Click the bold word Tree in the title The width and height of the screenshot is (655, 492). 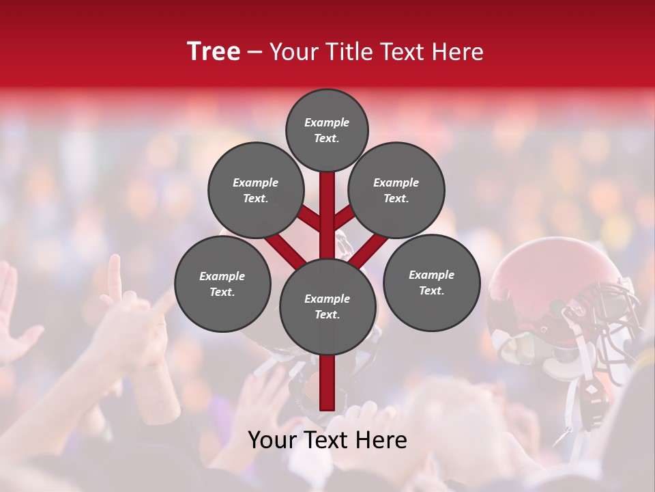coord(214,52)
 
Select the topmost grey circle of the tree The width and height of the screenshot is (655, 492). coord(327,130)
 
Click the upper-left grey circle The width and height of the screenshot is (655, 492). coord(255,190)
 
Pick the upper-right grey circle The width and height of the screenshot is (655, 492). coord(396,190)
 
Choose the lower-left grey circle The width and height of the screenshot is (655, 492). coord(222,284)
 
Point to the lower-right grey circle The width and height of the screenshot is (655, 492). coord(431,282)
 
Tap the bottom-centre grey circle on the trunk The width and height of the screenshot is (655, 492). coord(327,306)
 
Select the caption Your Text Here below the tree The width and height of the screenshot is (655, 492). coord(327,440)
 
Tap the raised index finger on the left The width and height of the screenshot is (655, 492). coord(115,277)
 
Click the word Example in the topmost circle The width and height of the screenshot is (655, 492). coord(327,123)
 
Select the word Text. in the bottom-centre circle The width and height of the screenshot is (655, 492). coord(327,314)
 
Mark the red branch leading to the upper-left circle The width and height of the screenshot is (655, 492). coord(308,218)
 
